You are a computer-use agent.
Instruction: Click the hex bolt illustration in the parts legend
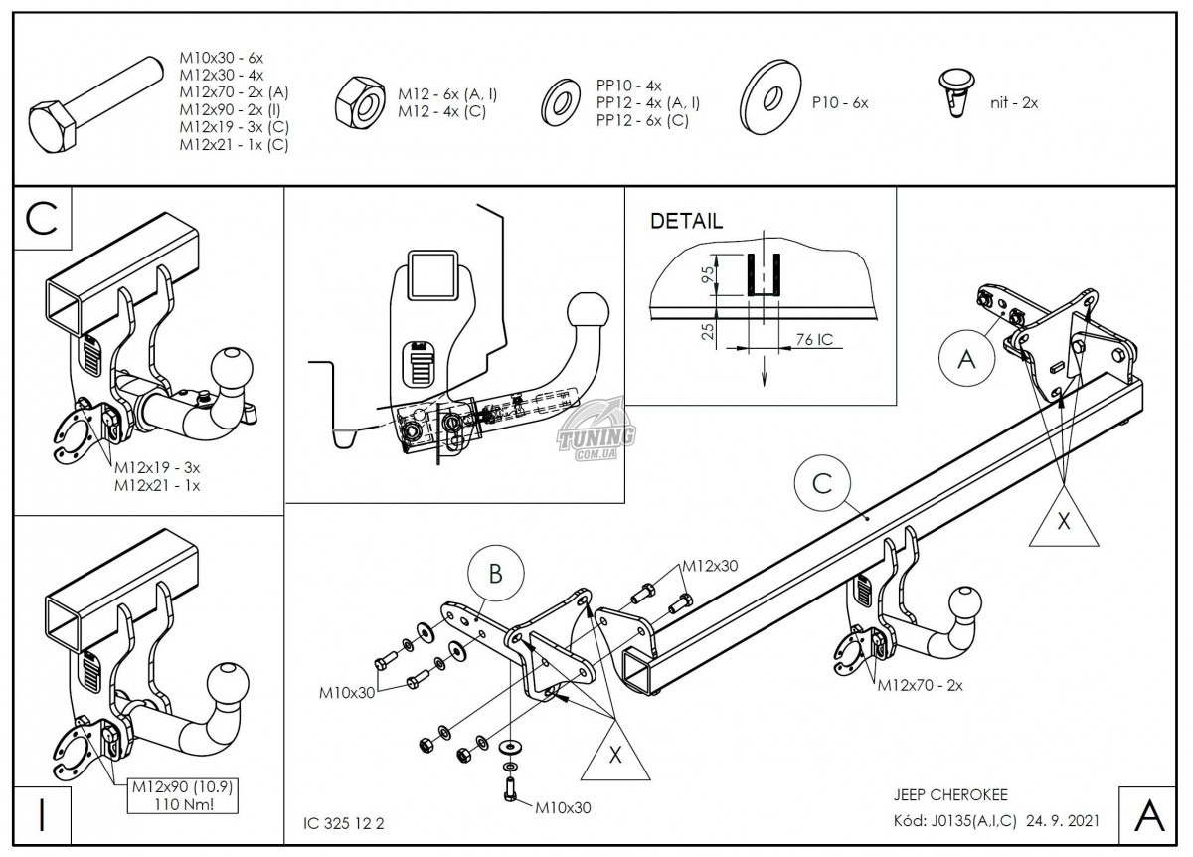click(95, 105)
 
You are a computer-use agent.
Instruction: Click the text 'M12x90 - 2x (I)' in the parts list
click(230, 109)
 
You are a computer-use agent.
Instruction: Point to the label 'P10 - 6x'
click(840, 102)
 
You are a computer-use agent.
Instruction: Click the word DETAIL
click(687, 221)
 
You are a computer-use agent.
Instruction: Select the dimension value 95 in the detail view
click(708, 274)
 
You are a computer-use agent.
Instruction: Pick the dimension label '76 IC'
click(814, 339)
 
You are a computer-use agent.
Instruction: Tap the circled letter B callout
click(495, 573)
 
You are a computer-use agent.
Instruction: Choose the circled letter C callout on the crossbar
click(822, 483)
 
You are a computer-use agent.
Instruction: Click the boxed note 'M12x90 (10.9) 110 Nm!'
click(182, 795)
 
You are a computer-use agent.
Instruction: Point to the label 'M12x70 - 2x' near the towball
click(921, 685)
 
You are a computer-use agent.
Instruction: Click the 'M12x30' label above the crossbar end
click(710, 566)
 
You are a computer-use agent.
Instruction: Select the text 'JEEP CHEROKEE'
click(950, 795)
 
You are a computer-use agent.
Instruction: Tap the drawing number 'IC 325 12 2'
click(344, 823)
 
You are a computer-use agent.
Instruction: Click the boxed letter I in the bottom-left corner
click(42, 815)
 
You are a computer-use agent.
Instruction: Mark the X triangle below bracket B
click(615, 756)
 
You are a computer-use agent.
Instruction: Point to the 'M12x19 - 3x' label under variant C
click(157, 467)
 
